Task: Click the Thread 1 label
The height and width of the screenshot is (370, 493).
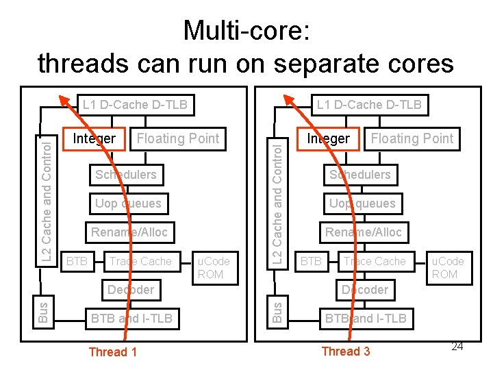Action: coord(112,352)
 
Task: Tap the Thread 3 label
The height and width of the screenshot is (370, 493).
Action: coord(345,351)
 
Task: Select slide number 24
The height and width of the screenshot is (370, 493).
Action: coord(457,347)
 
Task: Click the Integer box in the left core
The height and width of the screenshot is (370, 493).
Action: coord(94,138)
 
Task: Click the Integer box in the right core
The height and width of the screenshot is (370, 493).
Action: coord(328,138)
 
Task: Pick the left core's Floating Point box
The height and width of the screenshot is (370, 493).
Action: coord(177,138)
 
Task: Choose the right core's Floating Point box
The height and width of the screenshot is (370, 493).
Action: coord(412,138)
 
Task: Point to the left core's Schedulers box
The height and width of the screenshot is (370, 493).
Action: coord(126,175)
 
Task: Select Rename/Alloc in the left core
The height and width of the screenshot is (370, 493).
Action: coord(129,232)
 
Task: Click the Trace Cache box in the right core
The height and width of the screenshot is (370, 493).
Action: coord(375,261)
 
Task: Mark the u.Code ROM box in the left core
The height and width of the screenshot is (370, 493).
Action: coord(214,267)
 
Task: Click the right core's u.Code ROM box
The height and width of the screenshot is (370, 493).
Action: coord(447,267)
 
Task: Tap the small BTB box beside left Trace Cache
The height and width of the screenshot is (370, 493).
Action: coord(76,261)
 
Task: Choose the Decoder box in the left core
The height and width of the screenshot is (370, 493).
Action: coord(130,290)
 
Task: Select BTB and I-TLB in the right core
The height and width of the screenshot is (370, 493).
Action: coord(365,319)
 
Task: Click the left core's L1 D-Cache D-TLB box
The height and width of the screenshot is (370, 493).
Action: coord(134,105)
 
